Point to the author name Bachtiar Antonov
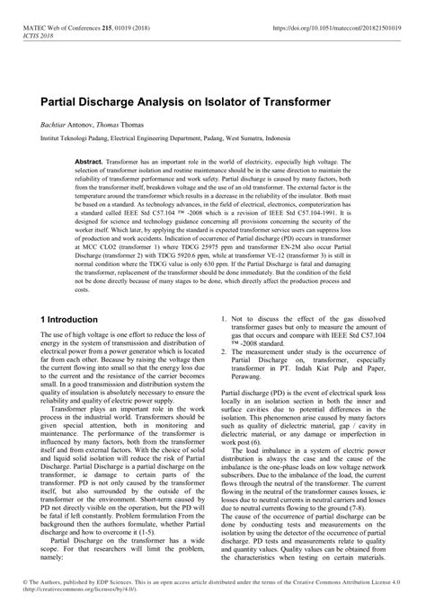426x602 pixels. point(67,128)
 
